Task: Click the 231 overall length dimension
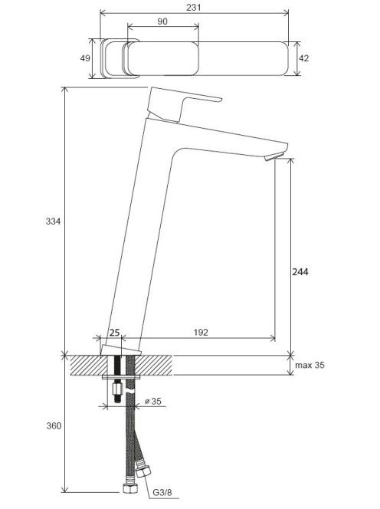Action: pos(193,7)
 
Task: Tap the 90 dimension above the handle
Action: pos(162,21)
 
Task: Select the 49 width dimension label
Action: pos(85,58)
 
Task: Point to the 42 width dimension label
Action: pos(303,58)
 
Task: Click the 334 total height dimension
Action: pos(53,222)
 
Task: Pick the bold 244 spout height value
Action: pos(300,271)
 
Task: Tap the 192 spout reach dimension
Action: pos(201,333)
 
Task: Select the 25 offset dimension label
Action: pos(114,333)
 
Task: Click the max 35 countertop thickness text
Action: pos(310,365)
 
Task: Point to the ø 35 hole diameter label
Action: pos(153,401)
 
